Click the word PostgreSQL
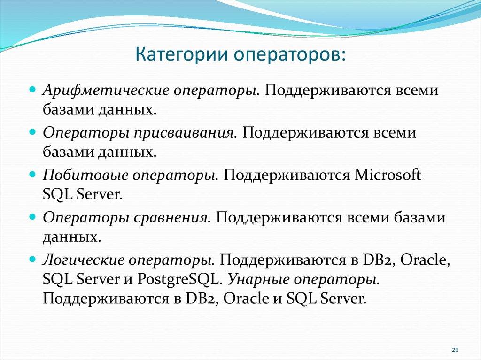click(x=178, y=279)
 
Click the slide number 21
click(x=454, y=350)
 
